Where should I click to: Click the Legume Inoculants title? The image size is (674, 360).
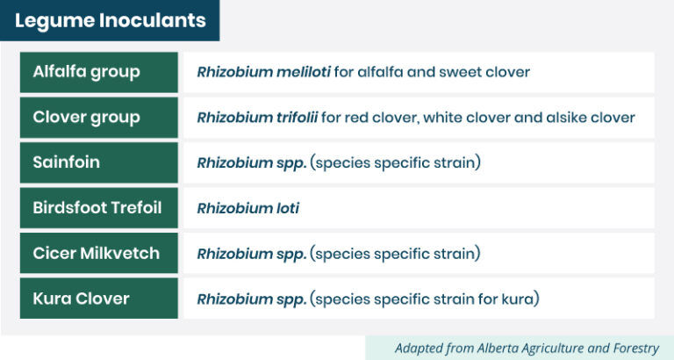coord(111,20)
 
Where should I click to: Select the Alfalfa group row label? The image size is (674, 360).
coord(86,72)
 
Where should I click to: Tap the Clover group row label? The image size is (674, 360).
coord(86,117)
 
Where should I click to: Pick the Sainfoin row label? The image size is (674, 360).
coord(66,162)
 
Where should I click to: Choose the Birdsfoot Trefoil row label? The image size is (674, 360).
coord(97,208)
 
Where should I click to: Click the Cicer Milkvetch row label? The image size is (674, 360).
coord(97,253)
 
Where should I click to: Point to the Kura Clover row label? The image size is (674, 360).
coord(82,299)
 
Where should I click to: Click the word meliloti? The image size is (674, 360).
coord(304,72)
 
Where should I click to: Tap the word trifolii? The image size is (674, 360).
coord(297,117)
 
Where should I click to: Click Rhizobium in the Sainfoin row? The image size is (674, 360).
coord(234,162)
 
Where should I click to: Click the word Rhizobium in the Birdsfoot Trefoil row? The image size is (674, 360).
coord(234,208)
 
